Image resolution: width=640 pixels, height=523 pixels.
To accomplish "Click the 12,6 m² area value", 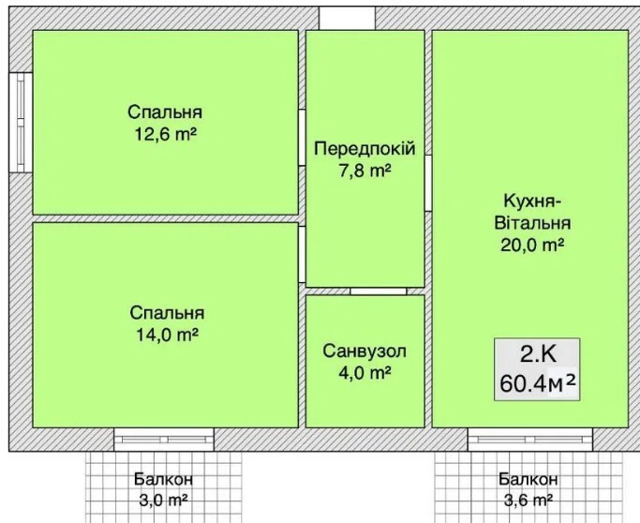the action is click(166, 134).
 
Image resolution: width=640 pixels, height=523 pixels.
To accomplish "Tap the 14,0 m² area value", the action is click(167, 336).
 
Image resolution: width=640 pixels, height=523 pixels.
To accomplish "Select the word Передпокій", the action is click(365, 148).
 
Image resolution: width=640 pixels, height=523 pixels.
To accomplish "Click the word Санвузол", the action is click(365, 351).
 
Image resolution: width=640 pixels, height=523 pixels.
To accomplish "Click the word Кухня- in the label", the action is click(530, 202).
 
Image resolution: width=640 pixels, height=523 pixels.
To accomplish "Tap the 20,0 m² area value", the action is click(532, 246).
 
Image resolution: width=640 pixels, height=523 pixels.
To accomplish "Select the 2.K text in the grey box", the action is click(538, 355).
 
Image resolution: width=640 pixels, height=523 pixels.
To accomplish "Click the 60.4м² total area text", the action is click(538, 383).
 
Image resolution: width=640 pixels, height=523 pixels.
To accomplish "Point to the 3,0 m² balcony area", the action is click(163, 500).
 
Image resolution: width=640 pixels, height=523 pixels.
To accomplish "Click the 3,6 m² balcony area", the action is click(528, 500).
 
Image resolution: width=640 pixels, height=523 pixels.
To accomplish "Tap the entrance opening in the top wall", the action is click(347, 19).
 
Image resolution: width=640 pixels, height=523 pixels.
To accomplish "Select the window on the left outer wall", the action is click(21, 122).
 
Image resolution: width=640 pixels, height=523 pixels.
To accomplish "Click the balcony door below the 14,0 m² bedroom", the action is click(164, 440).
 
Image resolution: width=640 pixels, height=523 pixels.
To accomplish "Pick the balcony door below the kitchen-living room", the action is click(530, 440).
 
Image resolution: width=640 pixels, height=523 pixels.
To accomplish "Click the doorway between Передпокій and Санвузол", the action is click(379, 291).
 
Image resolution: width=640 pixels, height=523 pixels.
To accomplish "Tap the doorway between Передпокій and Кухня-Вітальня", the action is click(428, 184).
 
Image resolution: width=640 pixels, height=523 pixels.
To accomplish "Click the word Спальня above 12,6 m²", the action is click(165, 112).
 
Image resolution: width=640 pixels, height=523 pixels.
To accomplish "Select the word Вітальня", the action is click(532, 223).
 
